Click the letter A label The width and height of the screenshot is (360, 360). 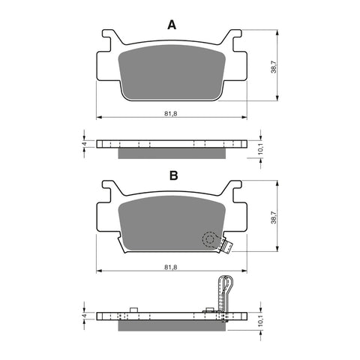point(172,25)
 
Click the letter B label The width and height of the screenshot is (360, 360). point(172,176)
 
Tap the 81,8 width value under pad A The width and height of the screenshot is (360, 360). point(172,113)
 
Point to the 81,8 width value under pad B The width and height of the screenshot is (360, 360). point(172,264)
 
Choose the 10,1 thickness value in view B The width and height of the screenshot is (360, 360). point(261,321)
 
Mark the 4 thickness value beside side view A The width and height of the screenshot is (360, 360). point(85,142)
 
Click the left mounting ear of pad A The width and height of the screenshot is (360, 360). point(110,37)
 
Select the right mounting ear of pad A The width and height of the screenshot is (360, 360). point(235,37)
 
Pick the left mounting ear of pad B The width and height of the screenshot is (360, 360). point(110,189)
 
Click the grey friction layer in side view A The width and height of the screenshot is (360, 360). point(172,152)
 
